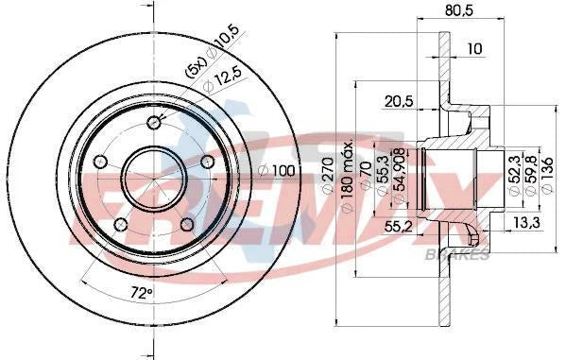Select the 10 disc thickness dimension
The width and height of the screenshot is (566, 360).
pos(472,48)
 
